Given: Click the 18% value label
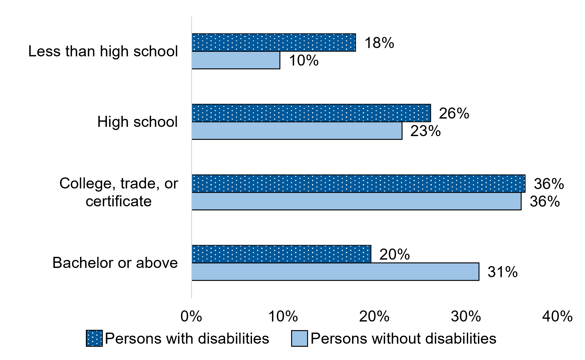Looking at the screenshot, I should (379, 43).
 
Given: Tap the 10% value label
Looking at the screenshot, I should (303, 60).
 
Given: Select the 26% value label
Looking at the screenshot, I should (454, 113).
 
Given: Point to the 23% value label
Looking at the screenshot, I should (425, 131).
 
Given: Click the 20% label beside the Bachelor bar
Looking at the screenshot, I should (395, 254).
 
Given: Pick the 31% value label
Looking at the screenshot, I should (503, 272).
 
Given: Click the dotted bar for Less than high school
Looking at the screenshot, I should (274, 42).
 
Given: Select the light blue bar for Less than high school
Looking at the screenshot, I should (236, 60).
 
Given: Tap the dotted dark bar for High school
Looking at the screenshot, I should (311, 113).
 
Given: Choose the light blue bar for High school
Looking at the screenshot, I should (297, 131).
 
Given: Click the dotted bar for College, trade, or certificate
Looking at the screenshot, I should (358, 184).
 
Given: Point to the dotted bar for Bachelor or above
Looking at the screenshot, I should (281, 254).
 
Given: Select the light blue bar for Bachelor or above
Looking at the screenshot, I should (335, 272).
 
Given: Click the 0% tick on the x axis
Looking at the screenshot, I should (191, 317).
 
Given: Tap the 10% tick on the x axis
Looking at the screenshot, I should (283, 317).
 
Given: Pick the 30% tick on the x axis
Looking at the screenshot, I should (466, 317).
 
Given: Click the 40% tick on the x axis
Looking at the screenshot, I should (557, 317).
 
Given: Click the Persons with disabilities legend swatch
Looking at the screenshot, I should (94, 338).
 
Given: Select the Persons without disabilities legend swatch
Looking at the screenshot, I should (299, 338).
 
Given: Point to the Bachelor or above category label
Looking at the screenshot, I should (115, 263).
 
